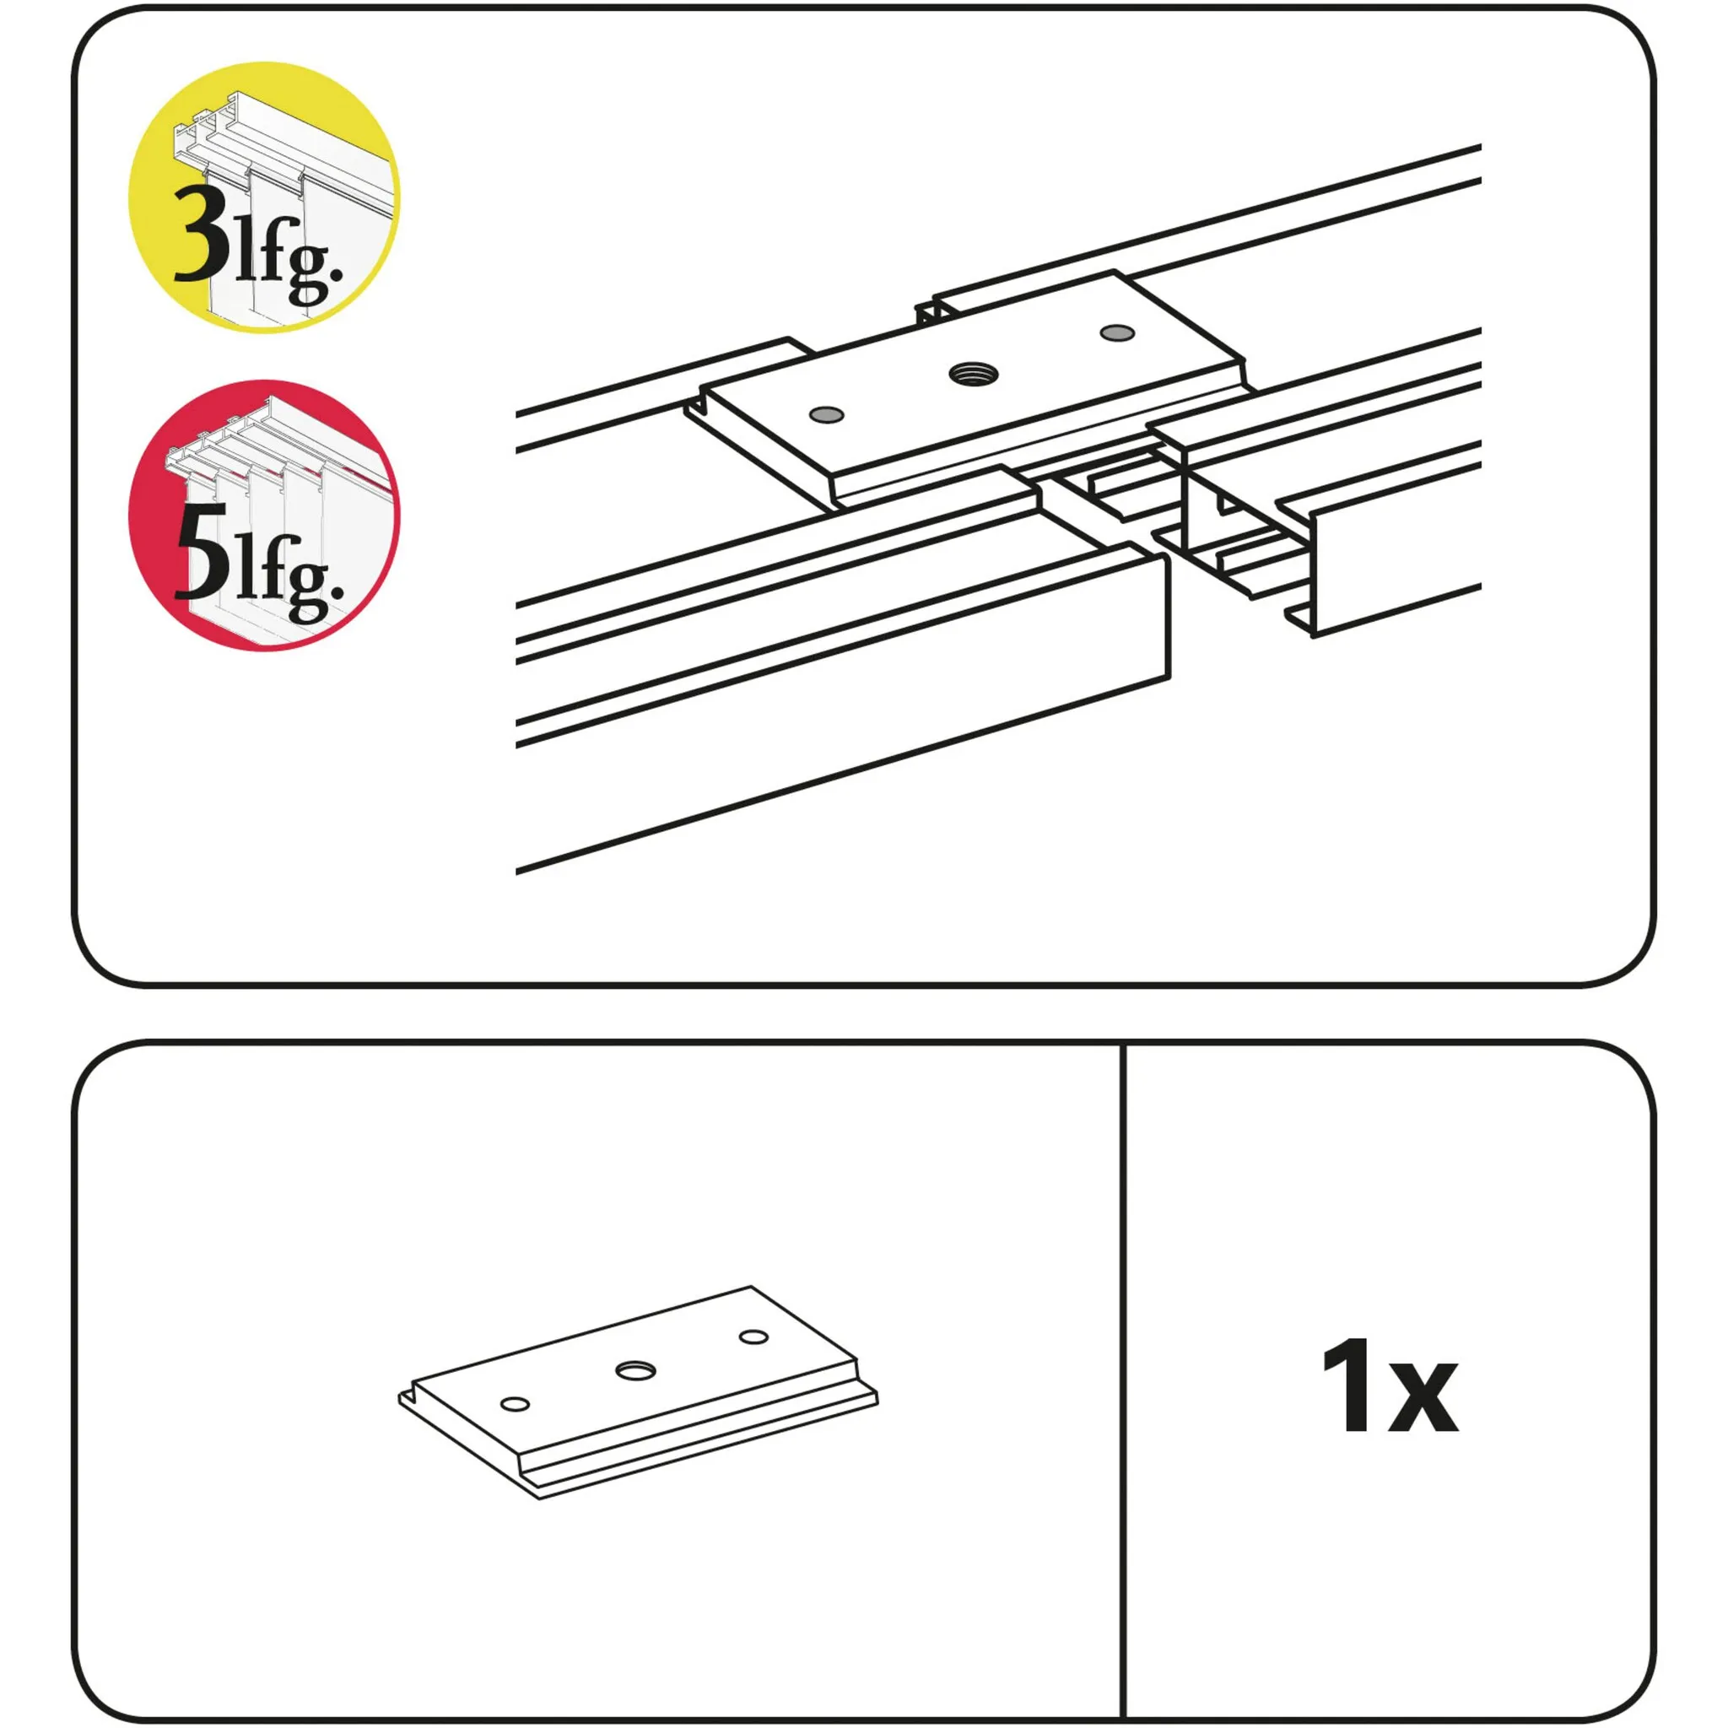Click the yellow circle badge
tap(264, 197)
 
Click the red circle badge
tap(264, 516)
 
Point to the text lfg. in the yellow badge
tap(288, 259)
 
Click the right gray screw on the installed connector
tap(1117, 332)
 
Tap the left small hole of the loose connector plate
tap(516, 1403)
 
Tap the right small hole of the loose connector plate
tap(754, 1337)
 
